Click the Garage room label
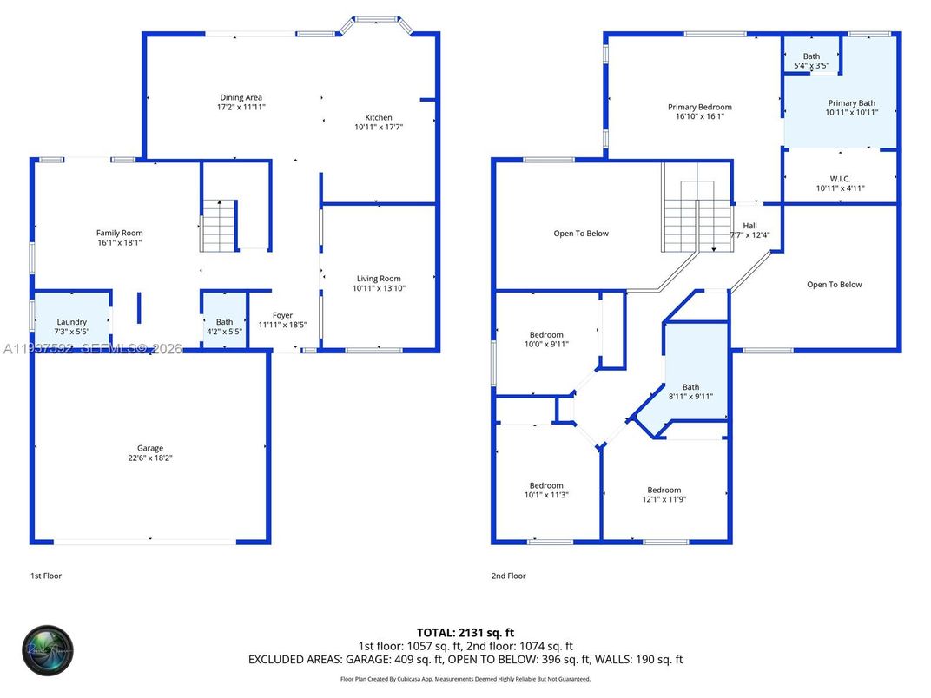[149, 449]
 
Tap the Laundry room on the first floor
[71, 322]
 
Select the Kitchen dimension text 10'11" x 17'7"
[379, 127]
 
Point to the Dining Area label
[241, 97]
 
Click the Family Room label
[120, 233]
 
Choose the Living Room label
[379, 279]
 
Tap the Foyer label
[282, 315]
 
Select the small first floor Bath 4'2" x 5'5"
[224, 326]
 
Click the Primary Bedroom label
[699, 107]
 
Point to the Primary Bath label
[851, 103]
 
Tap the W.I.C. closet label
[839, 179]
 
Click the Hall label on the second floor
[749, 225]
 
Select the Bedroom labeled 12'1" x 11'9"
[664, 490]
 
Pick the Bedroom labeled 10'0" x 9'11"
[546, 335]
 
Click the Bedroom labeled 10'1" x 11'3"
[546, 485]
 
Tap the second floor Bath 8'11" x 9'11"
[690, 387]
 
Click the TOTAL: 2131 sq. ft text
[465, 632]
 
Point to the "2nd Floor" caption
[508, 576]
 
